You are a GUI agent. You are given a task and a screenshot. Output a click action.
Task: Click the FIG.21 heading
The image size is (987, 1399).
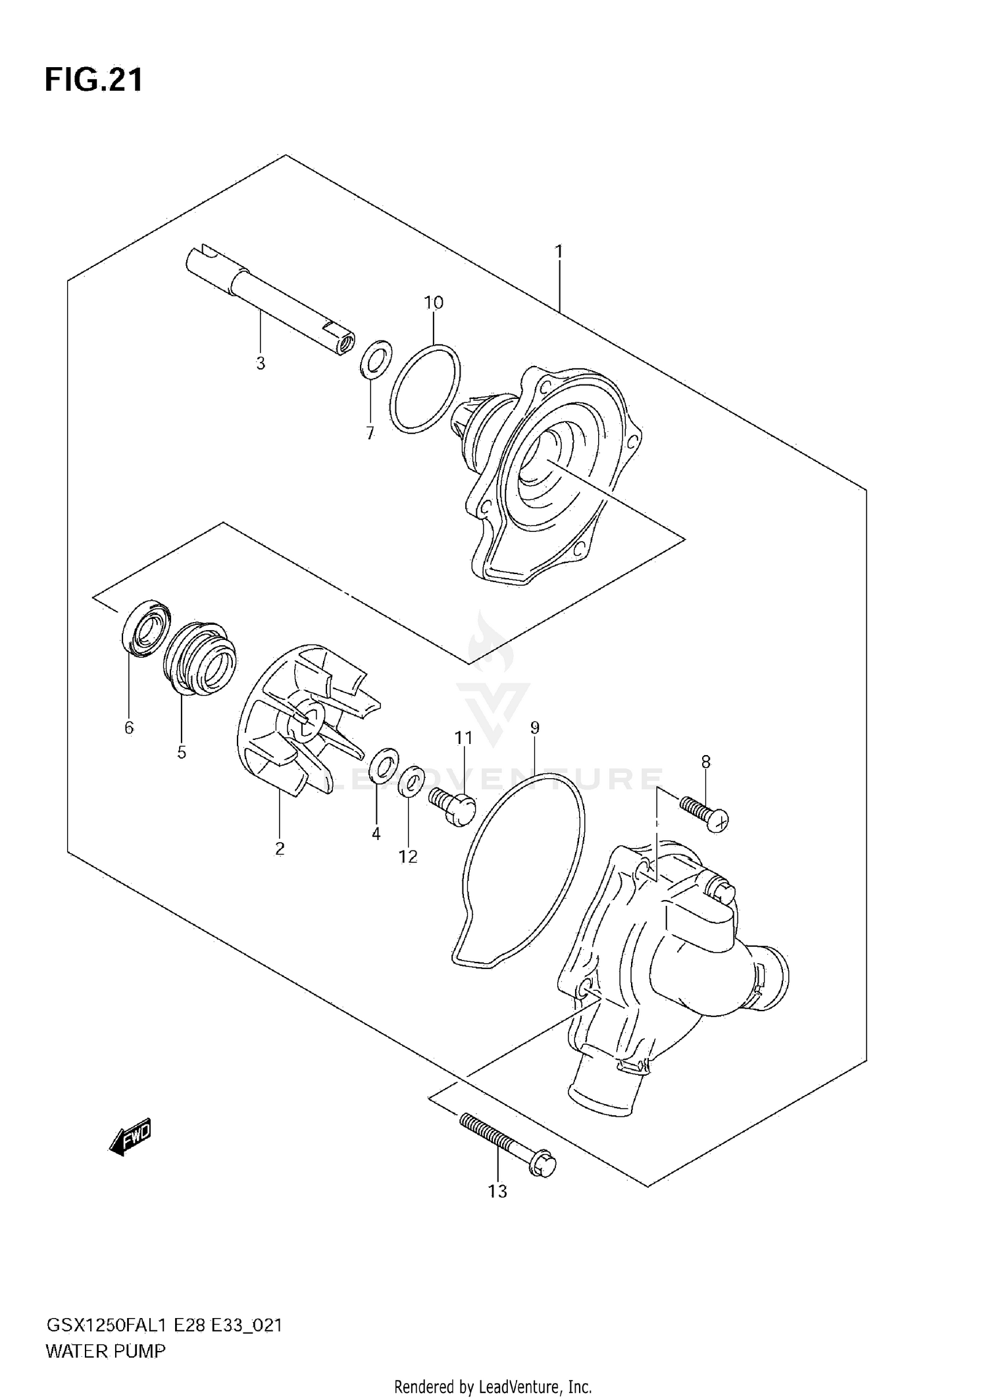(93, 80)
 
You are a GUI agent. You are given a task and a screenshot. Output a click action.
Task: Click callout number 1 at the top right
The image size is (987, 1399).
(559, 251)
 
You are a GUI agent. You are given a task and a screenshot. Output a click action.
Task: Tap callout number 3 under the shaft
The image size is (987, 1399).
(261, 363)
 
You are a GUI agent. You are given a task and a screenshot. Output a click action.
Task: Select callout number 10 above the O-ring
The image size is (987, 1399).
(434, 303)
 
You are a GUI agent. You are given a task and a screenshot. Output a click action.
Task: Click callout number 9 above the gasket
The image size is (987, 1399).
(534, 727)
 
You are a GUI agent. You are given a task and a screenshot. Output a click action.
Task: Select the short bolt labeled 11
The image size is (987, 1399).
(453, 808)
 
